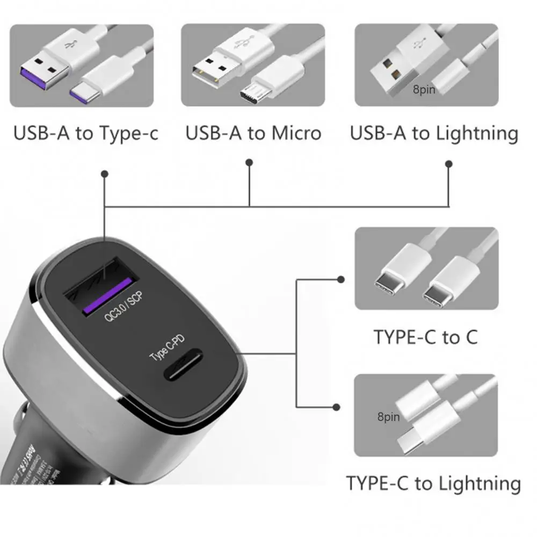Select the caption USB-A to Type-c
86,133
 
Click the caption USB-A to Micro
253,133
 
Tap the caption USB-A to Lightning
434,133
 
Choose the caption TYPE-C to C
425,337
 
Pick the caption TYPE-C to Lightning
433,483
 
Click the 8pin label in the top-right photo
424,90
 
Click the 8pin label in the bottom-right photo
388,417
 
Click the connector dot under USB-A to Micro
249,162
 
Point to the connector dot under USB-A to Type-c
105,173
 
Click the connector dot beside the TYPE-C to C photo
340,279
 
